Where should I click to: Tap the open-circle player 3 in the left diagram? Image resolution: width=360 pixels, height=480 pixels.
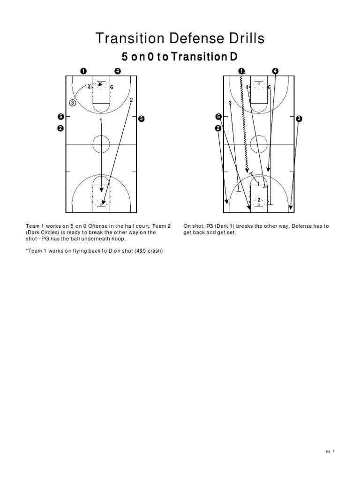[x=73, y=103]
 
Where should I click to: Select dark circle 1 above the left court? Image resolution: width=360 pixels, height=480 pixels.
[x=82, y=71]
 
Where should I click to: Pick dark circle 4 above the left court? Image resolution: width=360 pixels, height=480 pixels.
[x=117, y=71]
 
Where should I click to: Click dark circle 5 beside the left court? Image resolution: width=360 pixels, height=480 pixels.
[x=60, y=116]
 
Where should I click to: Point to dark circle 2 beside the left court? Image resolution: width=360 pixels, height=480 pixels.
[x=60, y=129]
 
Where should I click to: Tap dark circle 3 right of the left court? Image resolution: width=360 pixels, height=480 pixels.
[x=141, y=119]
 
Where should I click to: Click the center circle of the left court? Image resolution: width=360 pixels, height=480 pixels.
[x=101, y=144]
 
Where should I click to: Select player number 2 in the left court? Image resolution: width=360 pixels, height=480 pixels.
[x=131, y=100]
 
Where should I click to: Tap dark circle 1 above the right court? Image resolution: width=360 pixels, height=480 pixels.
[x=241, y=71]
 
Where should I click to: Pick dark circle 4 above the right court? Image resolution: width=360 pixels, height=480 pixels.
[x=275, y=71]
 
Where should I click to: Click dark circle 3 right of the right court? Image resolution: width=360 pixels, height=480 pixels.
[x=299, y=119]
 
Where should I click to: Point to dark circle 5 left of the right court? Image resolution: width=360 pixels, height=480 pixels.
[x=218, y=116]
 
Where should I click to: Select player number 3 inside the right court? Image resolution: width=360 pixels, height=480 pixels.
[x=230, y=103]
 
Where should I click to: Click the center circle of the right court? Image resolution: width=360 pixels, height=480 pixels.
[x=259, y=144]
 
